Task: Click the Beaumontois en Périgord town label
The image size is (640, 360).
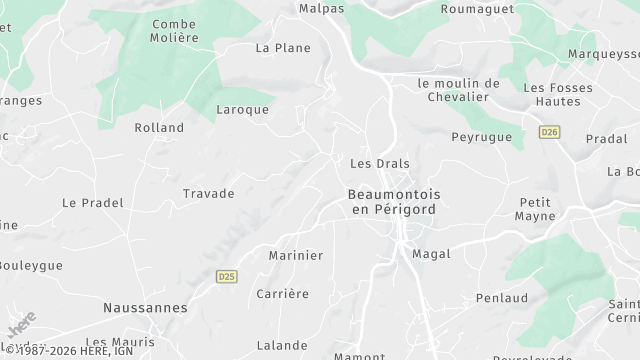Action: (394, 201)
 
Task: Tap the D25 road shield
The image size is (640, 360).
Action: (226, 275)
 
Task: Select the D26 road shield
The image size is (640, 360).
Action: (548, 132)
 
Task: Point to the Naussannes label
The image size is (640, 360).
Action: (145, 308)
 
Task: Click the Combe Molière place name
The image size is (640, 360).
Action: (175, 30)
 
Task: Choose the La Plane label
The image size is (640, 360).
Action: (283, 47)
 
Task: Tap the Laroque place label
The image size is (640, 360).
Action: (243, 109)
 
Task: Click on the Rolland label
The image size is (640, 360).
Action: (160, 127)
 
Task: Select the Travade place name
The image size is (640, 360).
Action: (208, 193)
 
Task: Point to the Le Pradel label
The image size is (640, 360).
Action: (93, 202)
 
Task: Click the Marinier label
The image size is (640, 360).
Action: (296, 255)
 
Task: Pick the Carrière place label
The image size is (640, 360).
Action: (282, 293)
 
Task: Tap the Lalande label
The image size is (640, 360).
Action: (282, 345)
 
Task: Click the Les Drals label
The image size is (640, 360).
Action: (380, 163)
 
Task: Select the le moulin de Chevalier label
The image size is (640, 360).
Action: (459, 90)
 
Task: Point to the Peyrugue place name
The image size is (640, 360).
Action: (481, 137)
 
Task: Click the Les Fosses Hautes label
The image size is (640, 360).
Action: (558, 94)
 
